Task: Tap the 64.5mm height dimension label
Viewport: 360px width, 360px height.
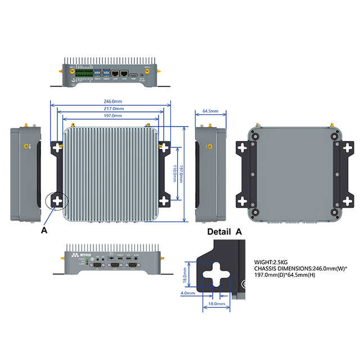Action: click(210, 111)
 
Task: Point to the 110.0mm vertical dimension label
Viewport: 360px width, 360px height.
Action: click(174, 173)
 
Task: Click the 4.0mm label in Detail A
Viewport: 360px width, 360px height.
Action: click(188, 293)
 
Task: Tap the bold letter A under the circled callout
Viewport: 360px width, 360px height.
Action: click(44, 230)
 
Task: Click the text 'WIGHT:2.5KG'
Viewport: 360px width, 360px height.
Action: click(271, 262)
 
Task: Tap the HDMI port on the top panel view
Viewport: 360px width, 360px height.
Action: click(134, 74)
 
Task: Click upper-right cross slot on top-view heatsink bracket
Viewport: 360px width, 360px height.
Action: click(164, 147)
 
